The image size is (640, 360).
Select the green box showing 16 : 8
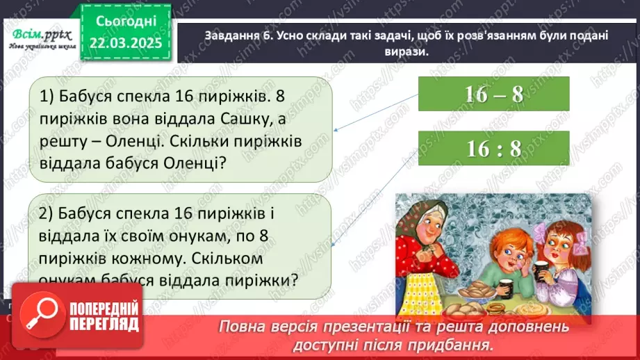click(x=494, y=149)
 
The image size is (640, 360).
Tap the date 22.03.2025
click(x=130, y=43)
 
